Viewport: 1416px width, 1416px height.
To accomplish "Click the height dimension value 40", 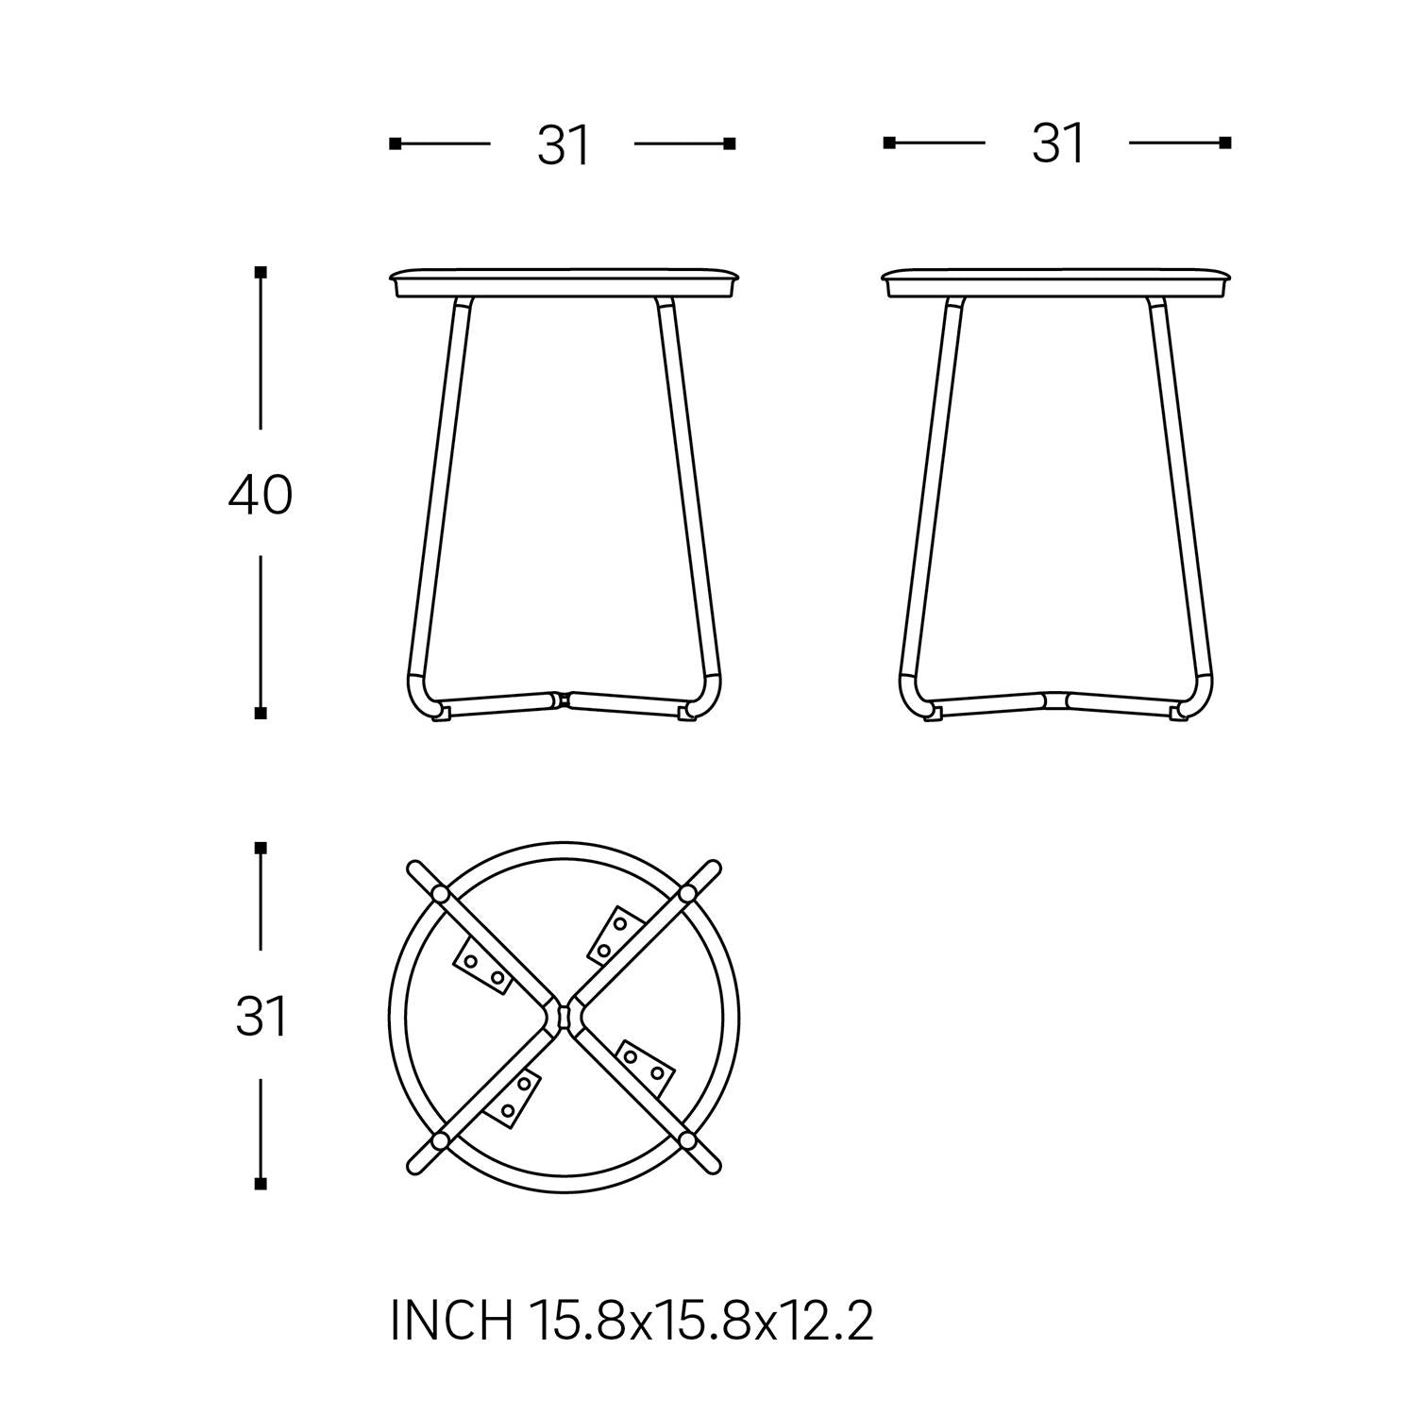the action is pyautogui.click(x=261, y=495).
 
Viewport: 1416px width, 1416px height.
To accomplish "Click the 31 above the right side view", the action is pyautogui.click(x=1058, y=144).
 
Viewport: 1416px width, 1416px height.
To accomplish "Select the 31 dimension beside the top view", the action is pyautogui.click(x=261, y=1018).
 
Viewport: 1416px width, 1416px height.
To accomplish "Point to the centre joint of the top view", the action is pyautogui.click(x=564, y=1017).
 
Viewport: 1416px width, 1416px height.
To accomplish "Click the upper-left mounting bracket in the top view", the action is pyautogui.click(x=483, y=968).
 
